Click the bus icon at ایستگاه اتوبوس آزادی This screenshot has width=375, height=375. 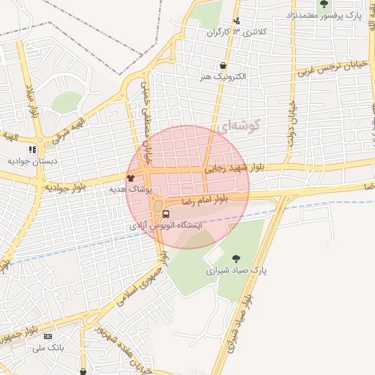pos(166,215)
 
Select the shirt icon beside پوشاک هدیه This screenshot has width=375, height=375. pos(131,177)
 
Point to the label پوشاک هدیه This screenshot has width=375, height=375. pos(130,189)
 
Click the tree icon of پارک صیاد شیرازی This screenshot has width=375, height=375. pos(236,258)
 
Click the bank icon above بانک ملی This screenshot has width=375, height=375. pos(49,336)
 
